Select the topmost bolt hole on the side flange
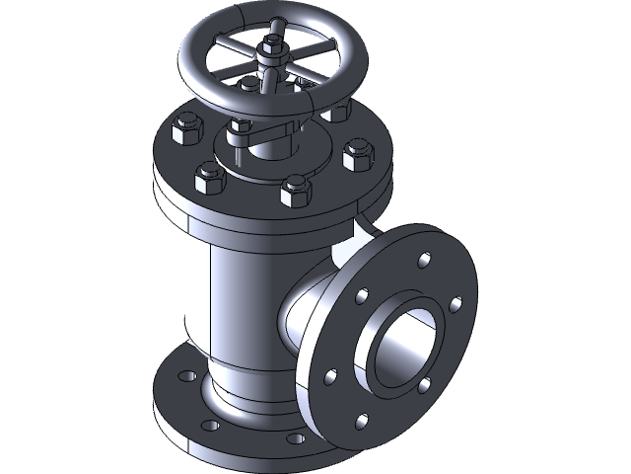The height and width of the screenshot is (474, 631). (425, 261)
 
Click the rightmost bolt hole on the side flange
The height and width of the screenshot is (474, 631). (456, 303)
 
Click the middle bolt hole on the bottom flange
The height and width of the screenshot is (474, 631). (210, 427)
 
